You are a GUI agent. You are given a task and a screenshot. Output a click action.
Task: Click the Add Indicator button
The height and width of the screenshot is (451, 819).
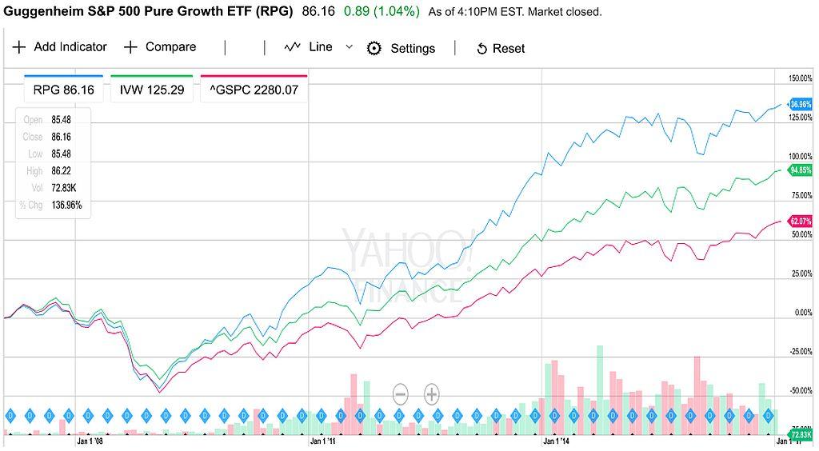pos(60,47)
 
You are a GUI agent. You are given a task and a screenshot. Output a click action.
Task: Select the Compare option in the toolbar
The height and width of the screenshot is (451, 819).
pos(160,47)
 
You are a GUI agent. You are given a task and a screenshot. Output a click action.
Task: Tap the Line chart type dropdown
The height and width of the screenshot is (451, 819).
pos(318,47)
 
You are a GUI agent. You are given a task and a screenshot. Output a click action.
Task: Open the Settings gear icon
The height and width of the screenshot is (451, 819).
pos(374,48)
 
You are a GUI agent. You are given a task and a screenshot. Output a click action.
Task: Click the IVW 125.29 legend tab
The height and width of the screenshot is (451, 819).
pos(152,90)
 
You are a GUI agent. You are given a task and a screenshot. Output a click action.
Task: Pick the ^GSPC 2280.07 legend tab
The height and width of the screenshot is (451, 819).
pos(254,90)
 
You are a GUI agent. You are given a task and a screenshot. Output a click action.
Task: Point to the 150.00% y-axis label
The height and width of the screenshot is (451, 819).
pos(800,78)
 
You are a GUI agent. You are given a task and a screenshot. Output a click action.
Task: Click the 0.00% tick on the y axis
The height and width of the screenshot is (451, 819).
pos(802,313)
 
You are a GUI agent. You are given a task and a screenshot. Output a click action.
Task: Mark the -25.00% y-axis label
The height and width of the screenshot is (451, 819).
pos(800,352)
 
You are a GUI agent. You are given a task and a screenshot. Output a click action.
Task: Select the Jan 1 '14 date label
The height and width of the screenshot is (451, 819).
pos(556,440)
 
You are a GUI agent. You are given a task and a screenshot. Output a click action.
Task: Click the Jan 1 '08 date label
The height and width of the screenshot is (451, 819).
pos(90,440)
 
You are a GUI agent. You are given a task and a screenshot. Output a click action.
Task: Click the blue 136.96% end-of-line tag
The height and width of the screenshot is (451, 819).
pos(801,104)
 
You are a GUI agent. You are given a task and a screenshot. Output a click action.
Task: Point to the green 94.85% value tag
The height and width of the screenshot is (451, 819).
pos(801,170)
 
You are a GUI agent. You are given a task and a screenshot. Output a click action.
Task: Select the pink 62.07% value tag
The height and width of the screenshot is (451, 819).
pos(801,221)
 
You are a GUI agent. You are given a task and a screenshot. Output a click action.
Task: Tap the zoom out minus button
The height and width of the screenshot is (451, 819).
pos(401,393)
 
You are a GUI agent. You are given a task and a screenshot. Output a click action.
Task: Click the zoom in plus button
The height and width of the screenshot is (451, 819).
pos(431,393)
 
